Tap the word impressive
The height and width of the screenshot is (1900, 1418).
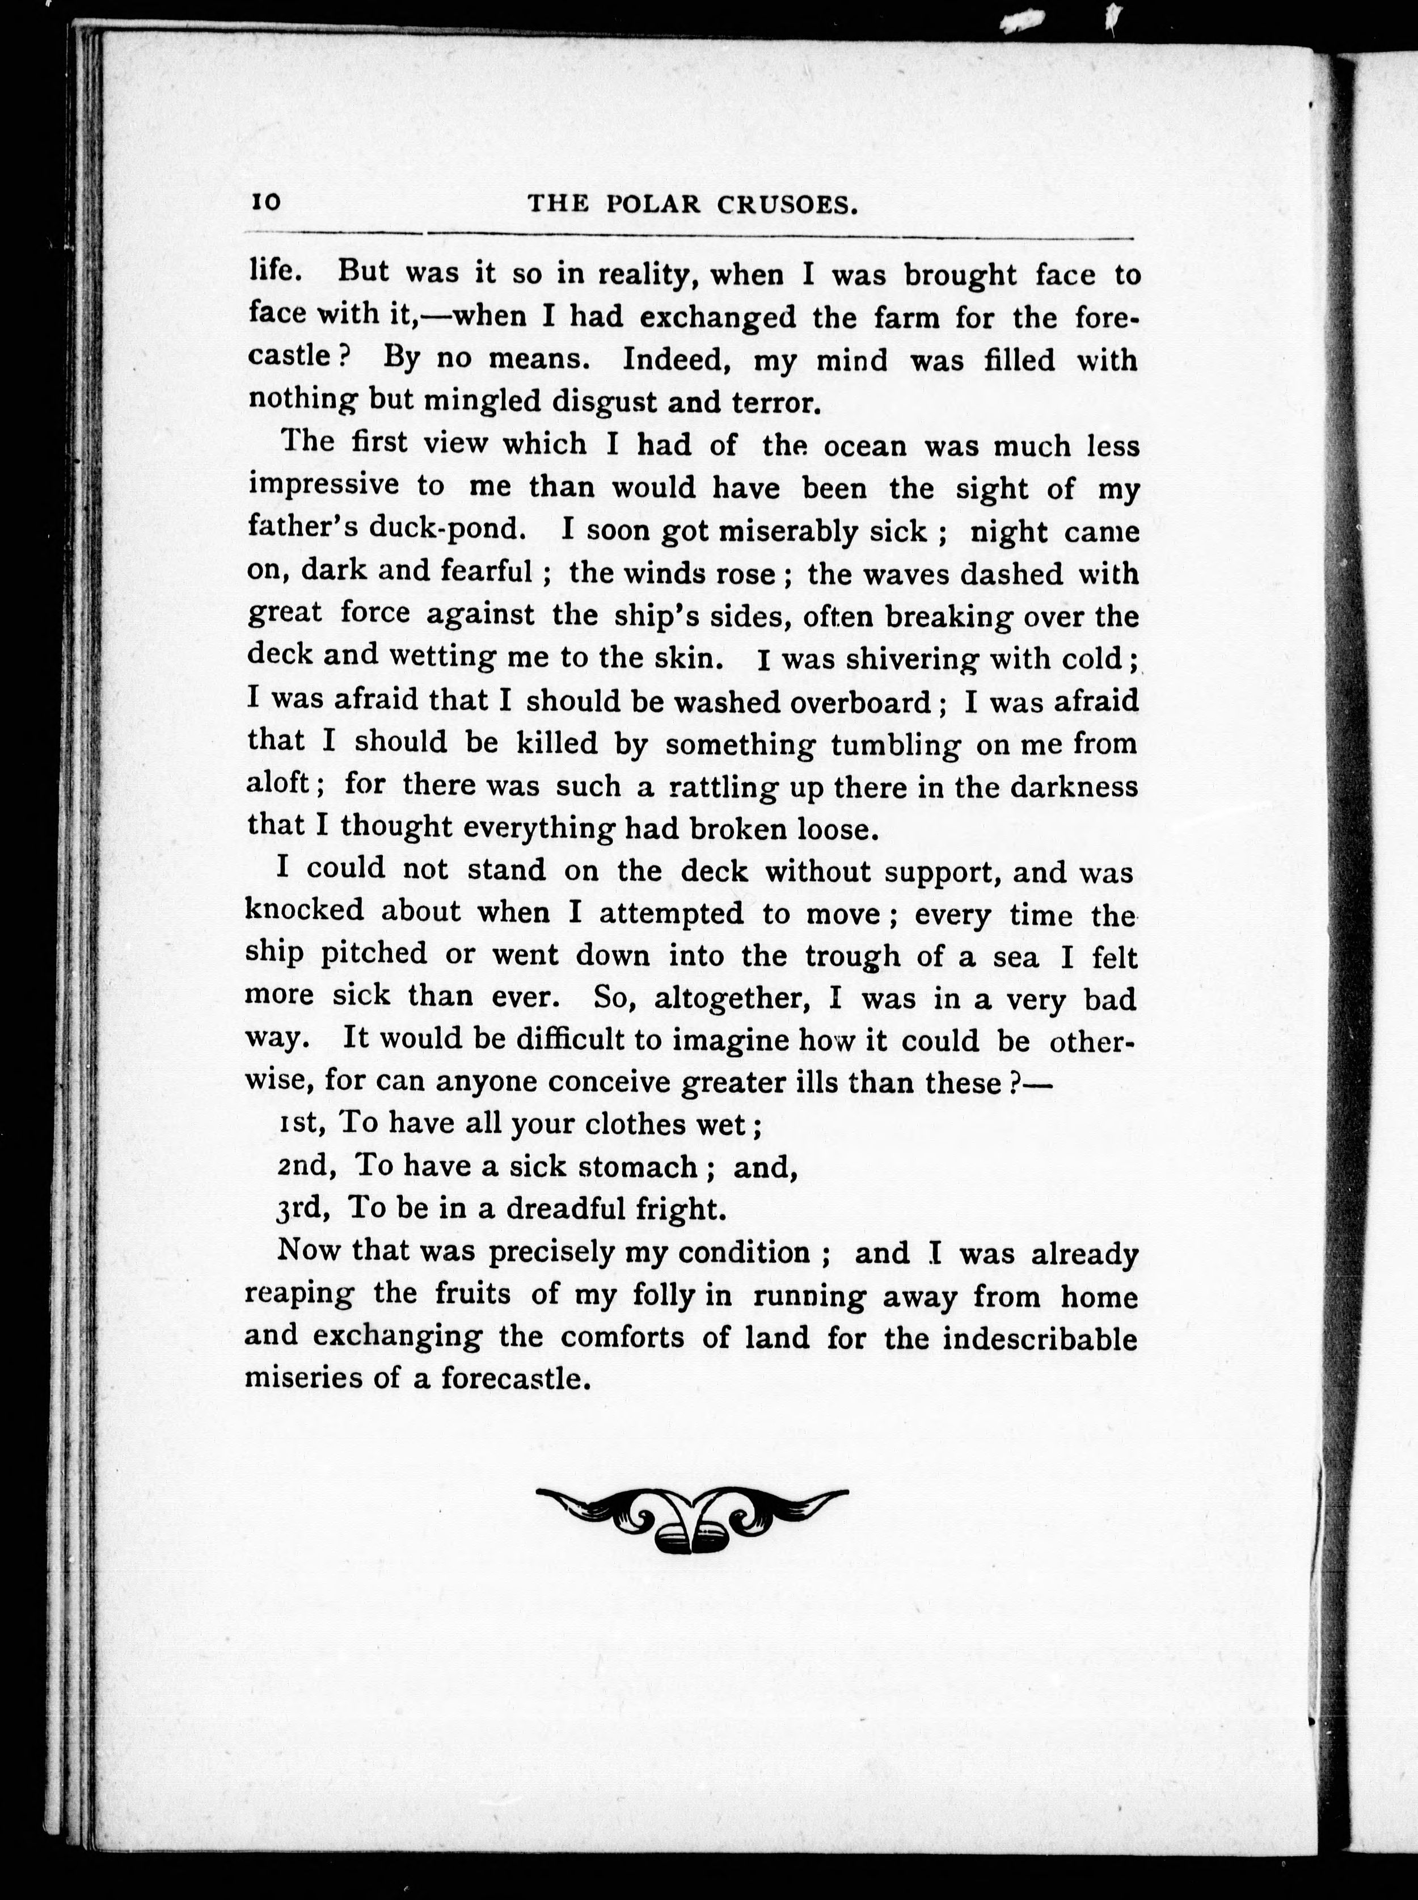coord(324,485)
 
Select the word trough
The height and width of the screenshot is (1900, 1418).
coord(853,955)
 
